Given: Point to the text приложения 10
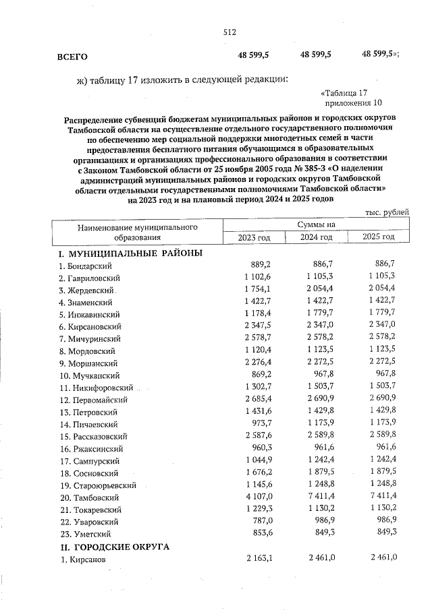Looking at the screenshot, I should (x=353, y=103).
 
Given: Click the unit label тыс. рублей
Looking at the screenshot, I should (x=387, y=212).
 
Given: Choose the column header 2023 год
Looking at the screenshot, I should (x=254, y=237).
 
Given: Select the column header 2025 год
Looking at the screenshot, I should (x=378, y=237).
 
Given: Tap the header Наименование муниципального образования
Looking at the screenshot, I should (x=137, y=231).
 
